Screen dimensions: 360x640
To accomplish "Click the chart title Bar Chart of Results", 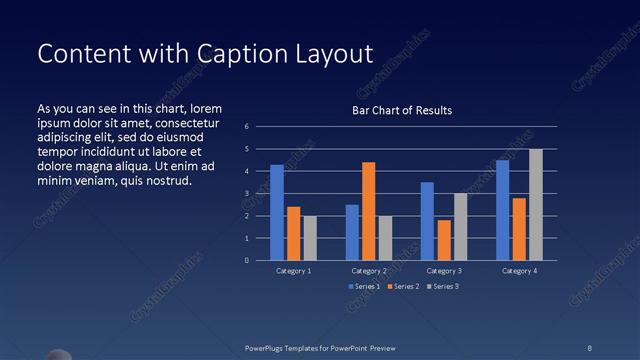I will [x=402, y=110].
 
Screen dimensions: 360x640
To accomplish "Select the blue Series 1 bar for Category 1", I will [x=277, y=212].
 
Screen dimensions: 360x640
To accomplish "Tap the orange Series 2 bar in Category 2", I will [x=369, y=211].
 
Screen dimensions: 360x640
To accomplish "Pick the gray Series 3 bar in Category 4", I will [x=536, y=204].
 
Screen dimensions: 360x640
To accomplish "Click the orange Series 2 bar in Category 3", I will [x=444, y=240].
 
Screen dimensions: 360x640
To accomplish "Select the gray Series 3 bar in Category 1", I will [x=310, y=238].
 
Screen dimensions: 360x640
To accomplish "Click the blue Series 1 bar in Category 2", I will [x=352, y=232].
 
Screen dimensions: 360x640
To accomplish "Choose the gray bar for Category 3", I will [x=460, y=227].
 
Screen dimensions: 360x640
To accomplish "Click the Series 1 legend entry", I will [x=364, y=287].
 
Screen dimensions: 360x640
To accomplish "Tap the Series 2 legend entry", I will [x=402, y=287].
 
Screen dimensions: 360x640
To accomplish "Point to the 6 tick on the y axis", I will [x=247, y=127].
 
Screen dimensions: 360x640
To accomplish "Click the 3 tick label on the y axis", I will [x=247, y=194].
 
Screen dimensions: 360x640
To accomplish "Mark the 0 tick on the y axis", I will [x=247, y=261].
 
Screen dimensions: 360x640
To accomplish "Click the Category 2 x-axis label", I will [x=368, y=271].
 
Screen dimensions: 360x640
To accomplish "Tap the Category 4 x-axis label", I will [x=519, y=271].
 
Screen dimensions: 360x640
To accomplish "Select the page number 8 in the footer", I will [x=589, y=347].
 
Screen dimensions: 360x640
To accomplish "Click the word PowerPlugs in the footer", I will [x=269, y=347].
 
